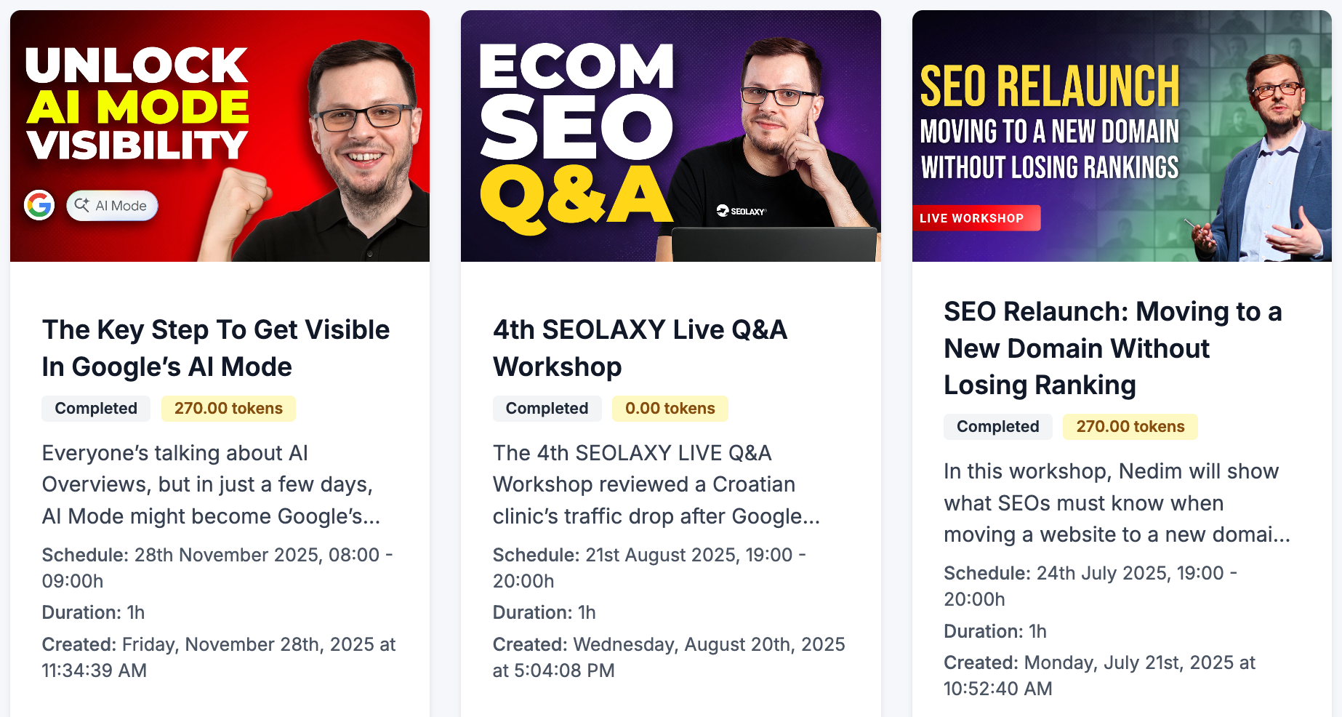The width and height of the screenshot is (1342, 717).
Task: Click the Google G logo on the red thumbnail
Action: coord(39,205)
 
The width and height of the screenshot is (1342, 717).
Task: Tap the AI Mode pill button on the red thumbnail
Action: coord(112,206)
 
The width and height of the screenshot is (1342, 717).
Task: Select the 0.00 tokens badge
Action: coord(670,409)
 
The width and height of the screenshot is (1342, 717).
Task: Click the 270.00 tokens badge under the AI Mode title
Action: coord(228,409)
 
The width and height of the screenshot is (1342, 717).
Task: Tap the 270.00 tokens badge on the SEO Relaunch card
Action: coord(1130,427)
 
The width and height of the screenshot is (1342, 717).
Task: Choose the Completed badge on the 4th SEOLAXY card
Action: coord(547,409)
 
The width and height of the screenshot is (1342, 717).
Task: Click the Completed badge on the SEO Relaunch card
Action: coord(997,427)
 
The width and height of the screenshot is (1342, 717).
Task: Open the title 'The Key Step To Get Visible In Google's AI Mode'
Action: coord(216,348)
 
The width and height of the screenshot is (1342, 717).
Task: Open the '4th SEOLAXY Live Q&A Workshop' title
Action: coord(640,348)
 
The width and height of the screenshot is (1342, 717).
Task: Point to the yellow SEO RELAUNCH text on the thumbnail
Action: coord(1049,87)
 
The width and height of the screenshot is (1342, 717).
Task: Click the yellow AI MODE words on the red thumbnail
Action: coord(138,107)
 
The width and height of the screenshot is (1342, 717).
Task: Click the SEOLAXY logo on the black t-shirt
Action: coord(742,211)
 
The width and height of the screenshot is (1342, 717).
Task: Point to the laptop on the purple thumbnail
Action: coord(774,244)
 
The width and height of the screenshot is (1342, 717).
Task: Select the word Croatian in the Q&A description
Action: coord(753,484)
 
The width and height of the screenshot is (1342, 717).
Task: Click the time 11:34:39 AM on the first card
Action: coord(95,670)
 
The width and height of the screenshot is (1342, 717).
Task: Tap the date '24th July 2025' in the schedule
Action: coord(1101,573)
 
